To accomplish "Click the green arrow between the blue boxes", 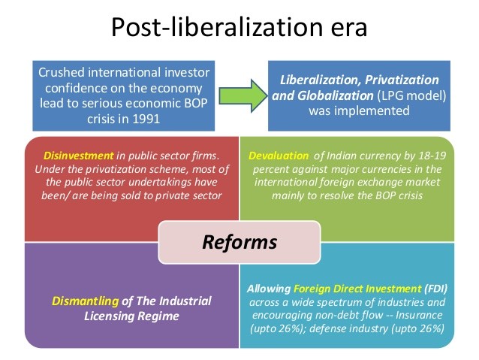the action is [243, 95].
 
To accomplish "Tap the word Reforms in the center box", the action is [239, 242].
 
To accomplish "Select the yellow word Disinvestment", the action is [79, 156].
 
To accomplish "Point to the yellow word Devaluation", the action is [279, 156].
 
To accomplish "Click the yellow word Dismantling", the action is [86, 301].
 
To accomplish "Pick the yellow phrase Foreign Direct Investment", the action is [357, 289].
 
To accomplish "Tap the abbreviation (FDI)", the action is [435, 289].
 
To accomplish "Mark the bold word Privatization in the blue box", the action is [402, 80].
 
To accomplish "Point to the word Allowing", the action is [269, 289].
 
